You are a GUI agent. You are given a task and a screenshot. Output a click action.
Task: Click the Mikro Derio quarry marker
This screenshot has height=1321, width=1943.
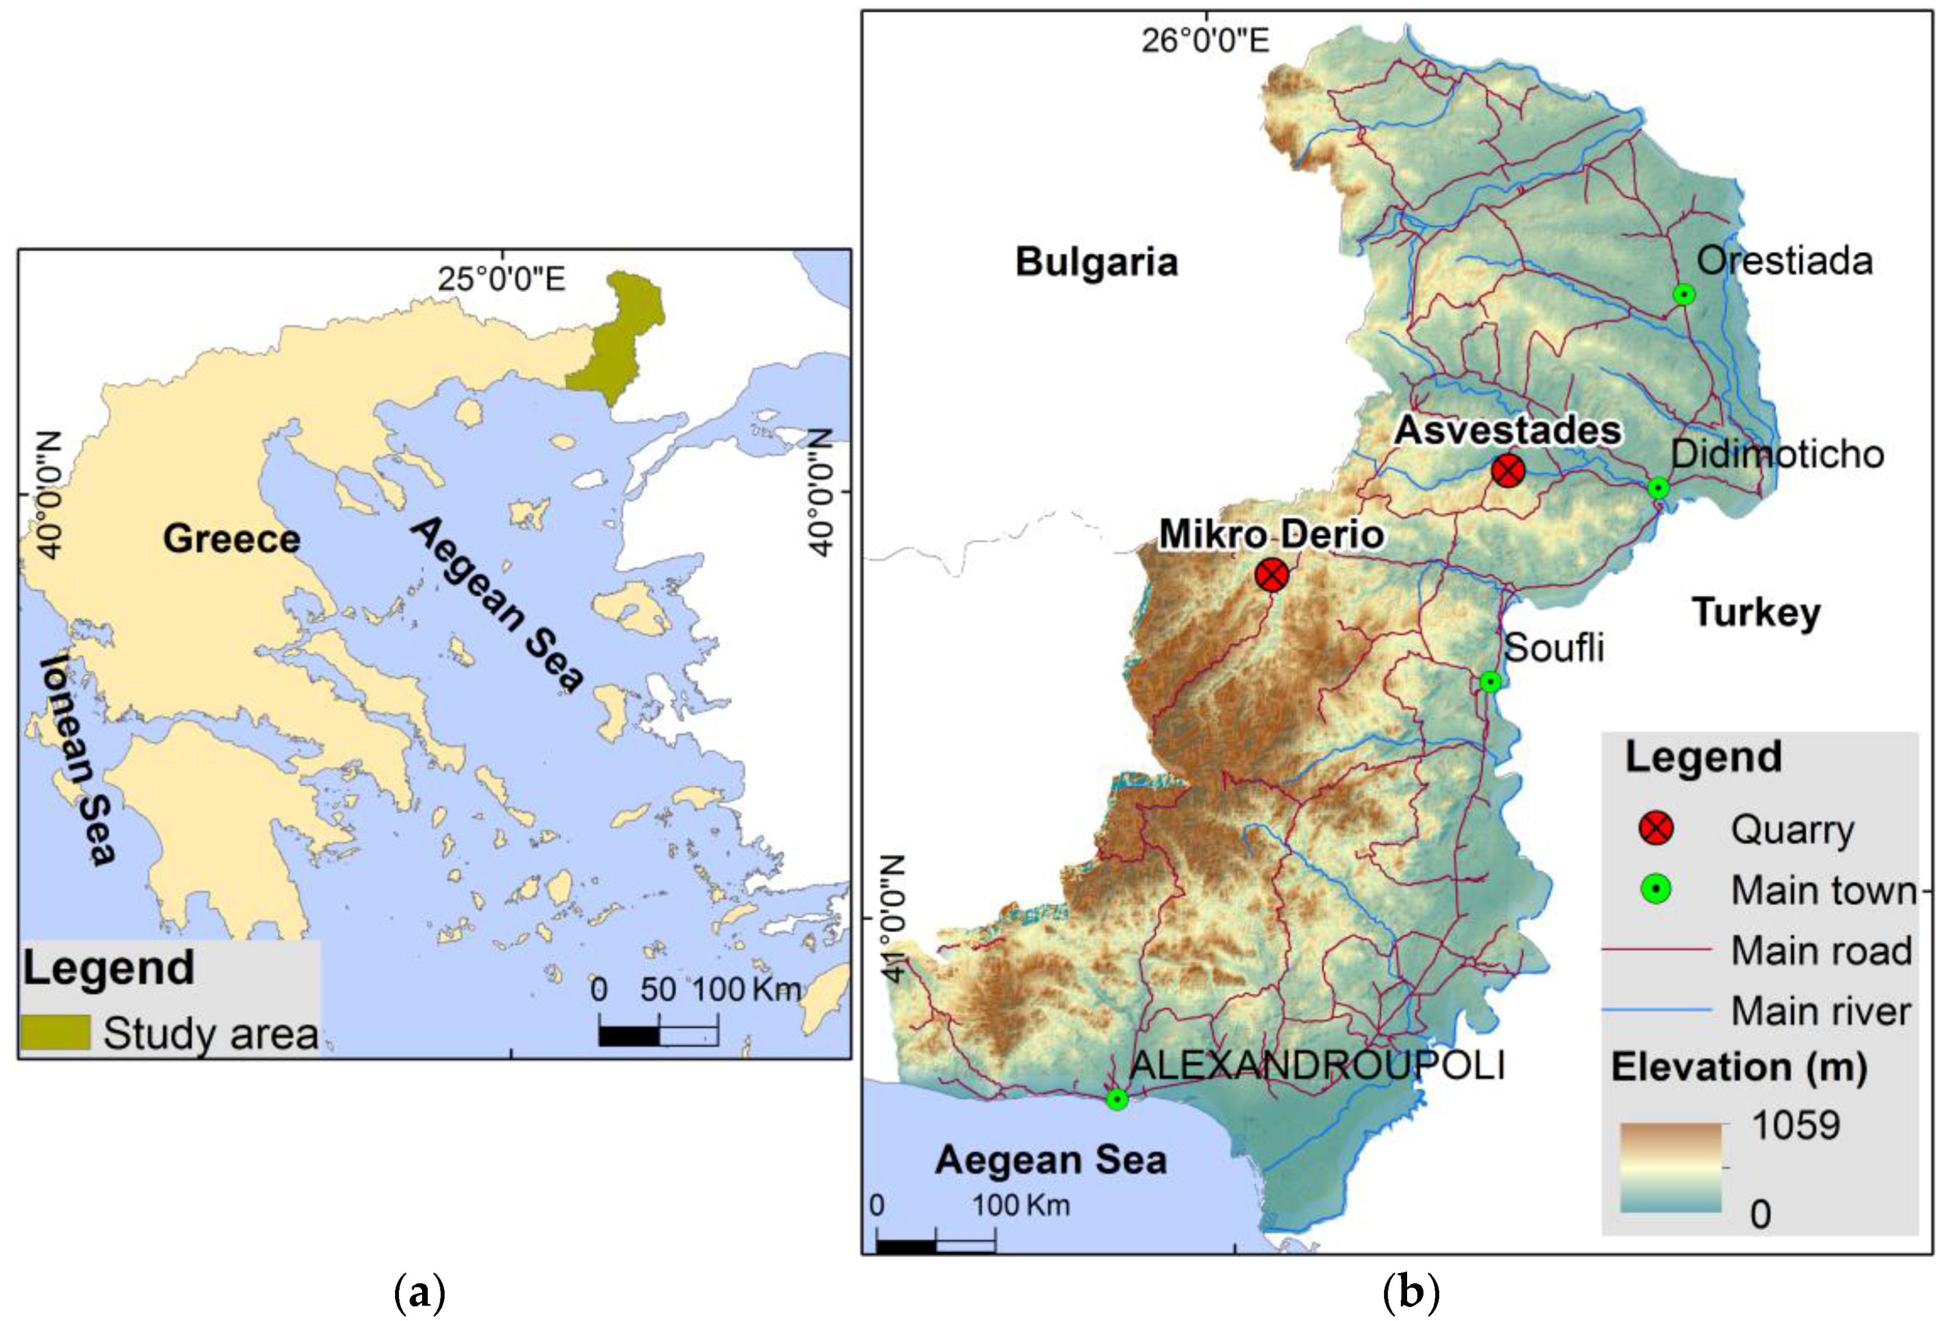(1271, 575)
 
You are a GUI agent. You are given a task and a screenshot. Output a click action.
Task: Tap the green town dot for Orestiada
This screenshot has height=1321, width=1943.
(1684, 294)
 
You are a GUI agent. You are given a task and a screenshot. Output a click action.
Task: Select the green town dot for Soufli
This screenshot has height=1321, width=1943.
(1490, 681)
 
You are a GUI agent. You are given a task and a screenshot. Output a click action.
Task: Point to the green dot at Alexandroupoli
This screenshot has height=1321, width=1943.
(1116, 1100)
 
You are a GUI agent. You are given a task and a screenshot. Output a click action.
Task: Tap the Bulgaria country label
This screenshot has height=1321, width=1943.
(1096, 262)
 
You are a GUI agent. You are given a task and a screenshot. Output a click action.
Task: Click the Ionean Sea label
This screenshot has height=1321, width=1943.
(77, 759)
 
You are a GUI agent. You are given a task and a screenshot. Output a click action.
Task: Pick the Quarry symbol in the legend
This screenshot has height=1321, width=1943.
(1655, 829)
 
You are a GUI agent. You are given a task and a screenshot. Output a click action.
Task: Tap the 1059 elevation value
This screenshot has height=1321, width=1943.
(1796, 1125)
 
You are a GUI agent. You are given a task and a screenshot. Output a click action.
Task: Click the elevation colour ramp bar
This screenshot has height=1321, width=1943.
(1670, 1167)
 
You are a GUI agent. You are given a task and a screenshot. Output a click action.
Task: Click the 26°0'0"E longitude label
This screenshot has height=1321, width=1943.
(1205, 40)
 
